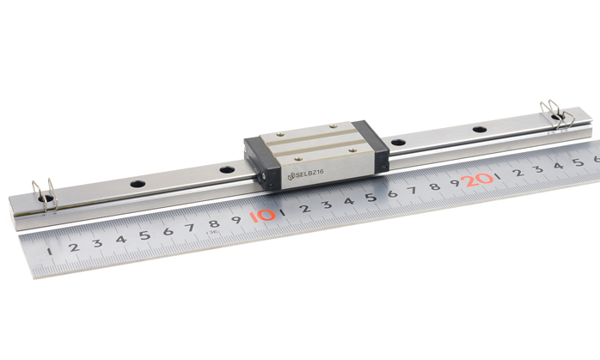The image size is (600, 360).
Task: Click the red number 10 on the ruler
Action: (262, 216)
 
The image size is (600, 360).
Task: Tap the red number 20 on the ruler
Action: (477, 180)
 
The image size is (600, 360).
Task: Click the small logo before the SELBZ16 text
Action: (291, 176)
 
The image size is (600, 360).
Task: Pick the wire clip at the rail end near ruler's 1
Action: (46, 195)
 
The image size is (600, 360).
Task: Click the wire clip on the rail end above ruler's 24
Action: (557, 114)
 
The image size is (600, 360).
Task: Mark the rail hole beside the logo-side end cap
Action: (227, 169)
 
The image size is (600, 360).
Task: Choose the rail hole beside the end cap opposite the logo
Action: (398, 143)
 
